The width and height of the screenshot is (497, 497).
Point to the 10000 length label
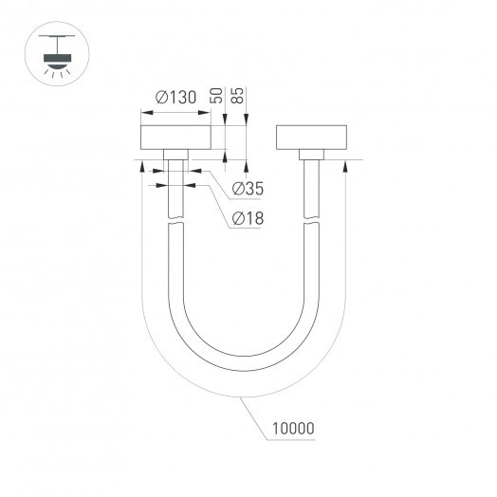[x=291, y=429]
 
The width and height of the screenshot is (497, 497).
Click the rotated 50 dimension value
[x=216, y=96]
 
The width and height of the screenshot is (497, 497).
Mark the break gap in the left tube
[x=175, y=224]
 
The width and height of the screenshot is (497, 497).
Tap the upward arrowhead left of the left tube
[x=141, y=168]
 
